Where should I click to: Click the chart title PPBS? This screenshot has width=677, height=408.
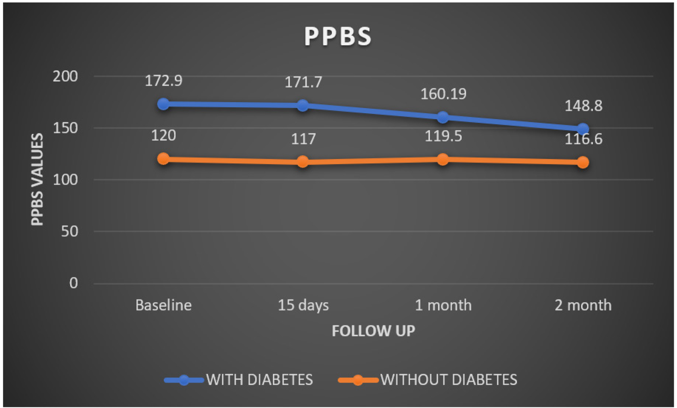click(x=338, y=36)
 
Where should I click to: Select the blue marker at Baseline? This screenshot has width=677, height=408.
click(x=163, y=104)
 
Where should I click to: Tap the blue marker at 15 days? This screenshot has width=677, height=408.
click(x=303, y=106)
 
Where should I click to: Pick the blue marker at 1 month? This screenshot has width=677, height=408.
click(x=443, y=117)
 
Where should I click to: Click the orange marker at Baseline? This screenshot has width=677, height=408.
click(x=163, y=159)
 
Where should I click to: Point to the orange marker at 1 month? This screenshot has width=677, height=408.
click(x=443, y=159)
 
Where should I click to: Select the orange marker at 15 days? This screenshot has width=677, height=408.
click(x=303, y=162)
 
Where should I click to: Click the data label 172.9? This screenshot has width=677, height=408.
click(x=163, y=81)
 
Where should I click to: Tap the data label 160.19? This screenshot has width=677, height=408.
click(x=443, y=94)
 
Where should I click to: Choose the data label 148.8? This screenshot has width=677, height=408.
click(x=583, y=106)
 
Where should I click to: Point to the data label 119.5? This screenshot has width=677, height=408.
click(x=443, y=136)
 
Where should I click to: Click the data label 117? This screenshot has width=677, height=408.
click(x=303, y=139)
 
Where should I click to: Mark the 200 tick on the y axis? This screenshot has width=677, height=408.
click(x=65, y=76)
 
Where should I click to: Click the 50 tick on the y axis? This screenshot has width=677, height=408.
click(x=69, y=231)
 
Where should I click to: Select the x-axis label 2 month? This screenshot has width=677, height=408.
click(x=583, y=305)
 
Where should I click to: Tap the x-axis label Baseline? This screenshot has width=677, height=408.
click(x=163, y=305)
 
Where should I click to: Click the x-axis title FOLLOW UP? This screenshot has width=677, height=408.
click(x=373, y=331)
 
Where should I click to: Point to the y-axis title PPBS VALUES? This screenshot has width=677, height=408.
click(x=37, y=179)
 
